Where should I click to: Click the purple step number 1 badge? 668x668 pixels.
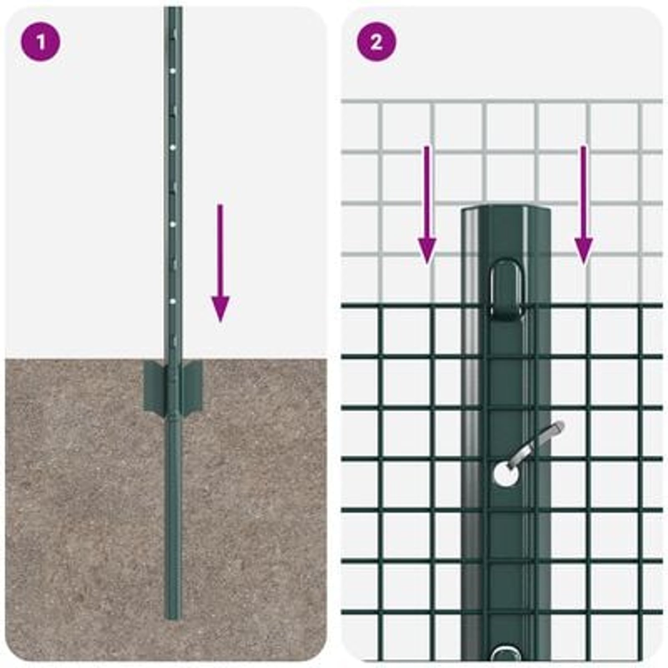pos(40,42)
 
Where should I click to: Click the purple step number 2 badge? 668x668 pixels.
pos(376,42)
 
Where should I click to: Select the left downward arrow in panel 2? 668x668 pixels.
pos(427,209)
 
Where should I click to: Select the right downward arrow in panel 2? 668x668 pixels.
pos(583,209)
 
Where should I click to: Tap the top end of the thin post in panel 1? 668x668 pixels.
pos(172,9)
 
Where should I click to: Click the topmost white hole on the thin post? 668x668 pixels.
pos(172,71)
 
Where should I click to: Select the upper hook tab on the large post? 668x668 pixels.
pos(506,288)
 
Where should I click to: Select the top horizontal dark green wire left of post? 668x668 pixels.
pos(401,306)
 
